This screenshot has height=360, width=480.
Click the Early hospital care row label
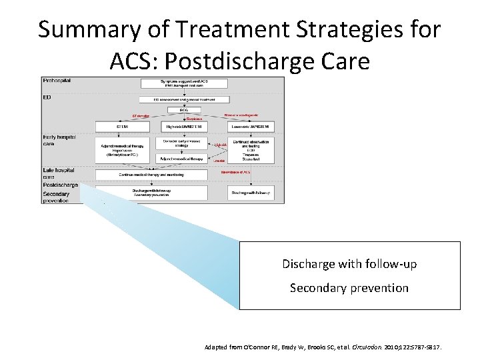click(x=57, y=141)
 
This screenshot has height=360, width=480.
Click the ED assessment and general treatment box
click(x=175, y=99)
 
